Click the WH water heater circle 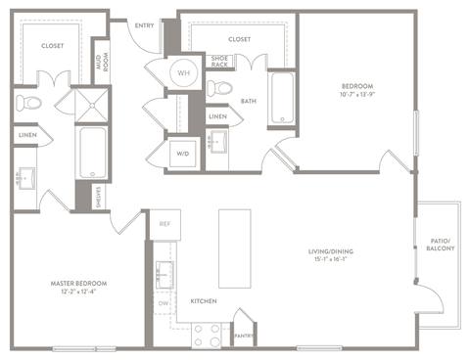183,73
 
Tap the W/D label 182,152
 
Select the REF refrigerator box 164,225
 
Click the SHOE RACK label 220,62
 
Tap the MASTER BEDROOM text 78,283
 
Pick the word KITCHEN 204,300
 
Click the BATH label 249,100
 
